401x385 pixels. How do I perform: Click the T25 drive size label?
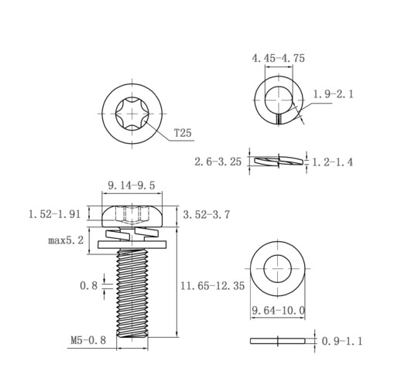click(183, 133)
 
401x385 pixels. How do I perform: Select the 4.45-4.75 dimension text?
click(279, 58)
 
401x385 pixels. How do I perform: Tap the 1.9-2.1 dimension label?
click(333, 94)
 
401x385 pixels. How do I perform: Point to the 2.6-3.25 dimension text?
click(218, 162)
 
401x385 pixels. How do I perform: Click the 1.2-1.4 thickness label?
click(333, 162)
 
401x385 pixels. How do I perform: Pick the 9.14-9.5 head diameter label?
click(132, 186)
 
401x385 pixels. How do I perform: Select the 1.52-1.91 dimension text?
click(54, 214)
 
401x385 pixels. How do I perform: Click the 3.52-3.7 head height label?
click(207, 215)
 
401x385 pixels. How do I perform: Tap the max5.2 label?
click(66, 240)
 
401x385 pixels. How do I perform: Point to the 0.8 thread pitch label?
click(89, 285)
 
